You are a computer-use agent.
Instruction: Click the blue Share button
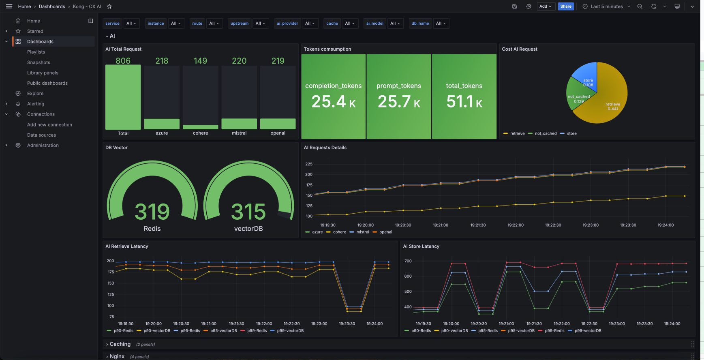[566, 6]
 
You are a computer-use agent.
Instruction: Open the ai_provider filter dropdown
[310, 24]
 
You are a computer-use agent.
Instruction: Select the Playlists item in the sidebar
[36, 52]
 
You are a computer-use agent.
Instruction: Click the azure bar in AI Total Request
[162, 124]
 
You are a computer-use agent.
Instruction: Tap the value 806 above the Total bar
[123, 61]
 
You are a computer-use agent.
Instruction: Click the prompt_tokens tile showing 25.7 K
[399, 96]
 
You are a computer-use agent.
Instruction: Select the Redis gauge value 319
[152, 212]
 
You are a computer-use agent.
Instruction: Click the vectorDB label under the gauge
[248, 229]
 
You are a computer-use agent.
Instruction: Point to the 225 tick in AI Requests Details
[309, 164]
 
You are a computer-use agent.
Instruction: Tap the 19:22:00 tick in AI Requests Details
[516, 225]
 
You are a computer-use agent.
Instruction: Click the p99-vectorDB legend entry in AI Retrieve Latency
[287, 331]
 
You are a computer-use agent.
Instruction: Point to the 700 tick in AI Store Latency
[408, 261]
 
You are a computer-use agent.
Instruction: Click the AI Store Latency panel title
[421, 246]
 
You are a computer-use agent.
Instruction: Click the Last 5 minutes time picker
[606, 6]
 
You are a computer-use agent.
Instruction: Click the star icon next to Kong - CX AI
[109, 6]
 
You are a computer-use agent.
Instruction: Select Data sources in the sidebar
[41, 135]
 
